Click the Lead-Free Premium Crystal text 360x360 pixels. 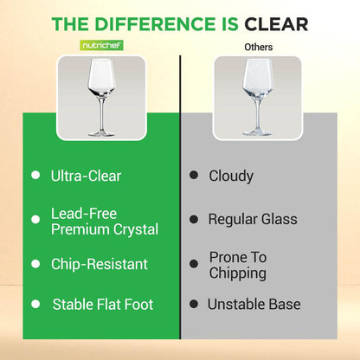point(105,222)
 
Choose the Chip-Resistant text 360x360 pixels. point(99,264)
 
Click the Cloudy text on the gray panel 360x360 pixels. point(231,176)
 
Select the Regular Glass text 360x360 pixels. point(253,219)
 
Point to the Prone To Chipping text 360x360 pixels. point(238,265)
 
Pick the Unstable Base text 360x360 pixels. point(254,305)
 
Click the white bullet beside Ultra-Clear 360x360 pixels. point(35,176)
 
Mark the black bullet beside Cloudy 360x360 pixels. point(193,176)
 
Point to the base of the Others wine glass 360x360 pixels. point(257,133)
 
